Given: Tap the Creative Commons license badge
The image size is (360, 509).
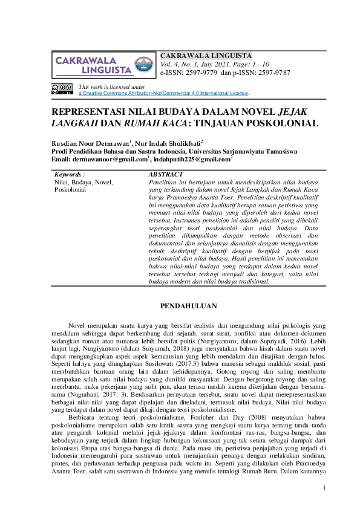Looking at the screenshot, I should pyautogui.click(x=62, y=89).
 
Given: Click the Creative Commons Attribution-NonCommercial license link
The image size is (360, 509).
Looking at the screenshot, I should pyautogui.click(x=163, y=94).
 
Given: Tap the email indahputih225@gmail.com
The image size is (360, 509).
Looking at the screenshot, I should pyautogui.click(x=192, y=159).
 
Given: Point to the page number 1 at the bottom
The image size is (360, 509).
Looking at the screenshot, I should pyautogui.click(x=324, y=487).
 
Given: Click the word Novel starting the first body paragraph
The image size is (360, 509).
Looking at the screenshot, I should pyautogui.click(x=79, y=326).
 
